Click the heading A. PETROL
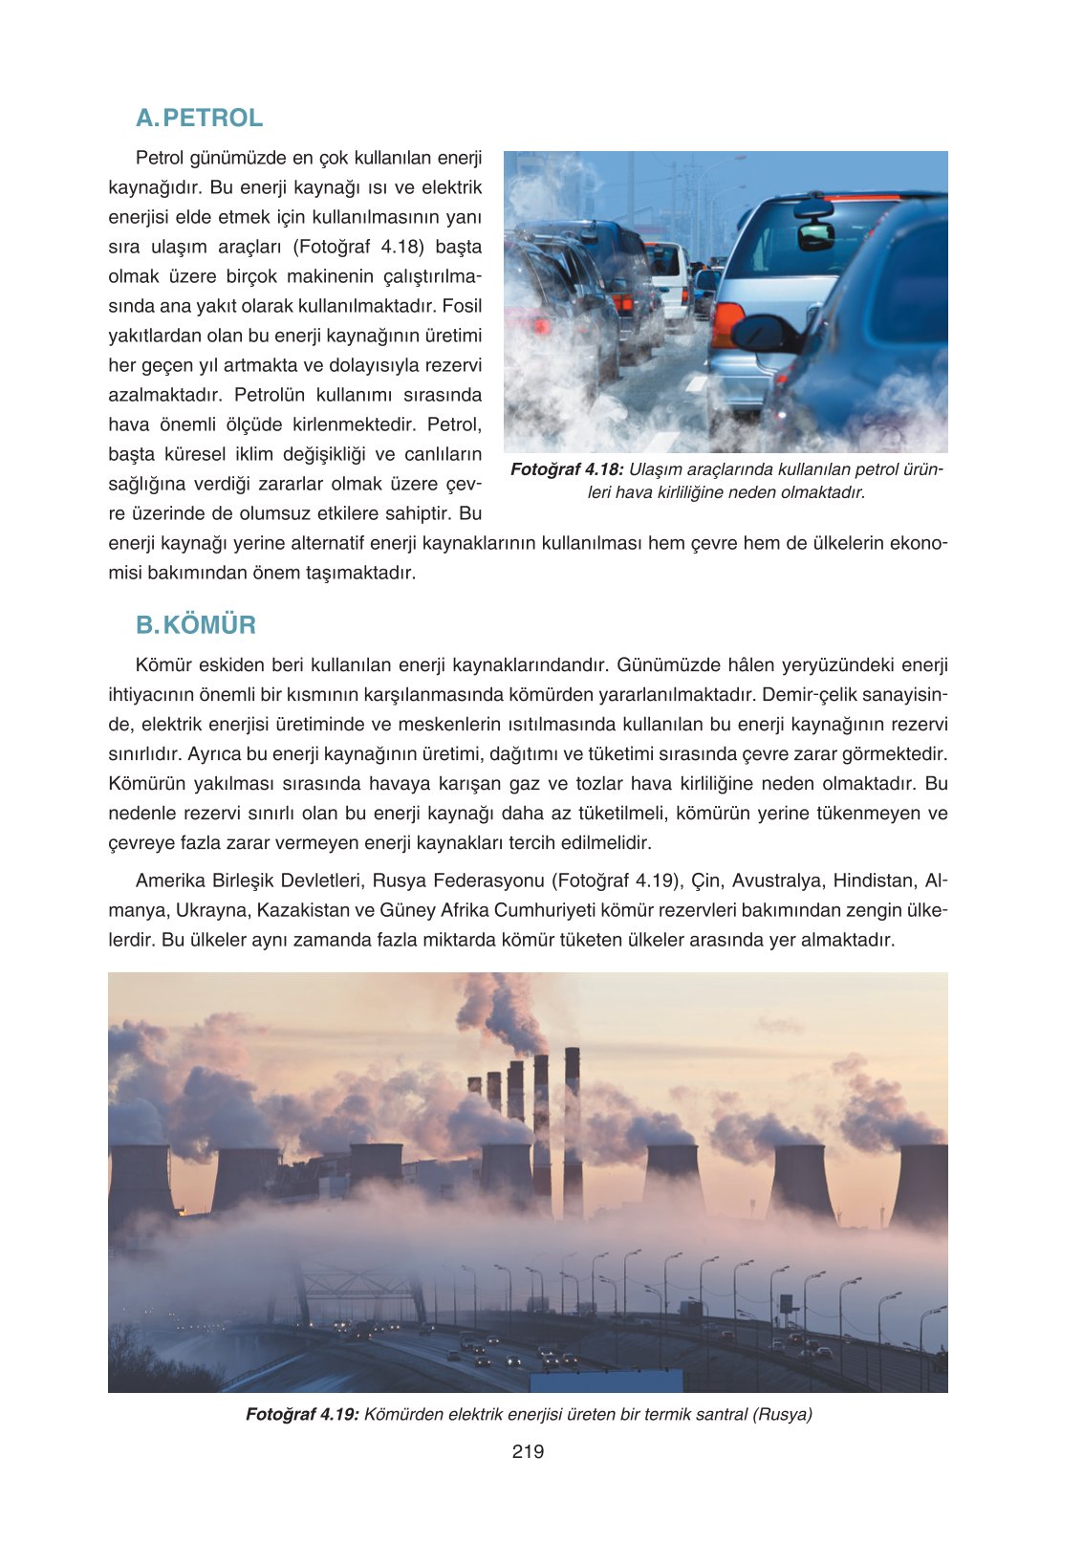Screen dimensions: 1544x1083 [x=199, y=118]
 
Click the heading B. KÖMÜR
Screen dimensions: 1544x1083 [x=196, y=625]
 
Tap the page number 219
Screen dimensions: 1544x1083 [x=528, y=1451]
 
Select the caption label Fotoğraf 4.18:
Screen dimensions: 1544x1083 [x=567, y=469]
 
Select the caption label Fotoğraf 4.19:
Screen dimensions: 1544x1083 [x=302, y=1414]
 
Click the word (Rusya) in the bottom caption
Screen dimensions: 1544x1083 [x=783, y=1414]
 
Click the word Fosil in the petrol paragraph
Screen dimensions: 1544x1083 [x=462, y=306]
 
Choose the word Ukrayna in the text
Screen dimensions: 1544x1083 [x=211, y=910]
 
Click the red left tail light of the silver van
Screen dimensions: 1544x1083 [x=726, y=324]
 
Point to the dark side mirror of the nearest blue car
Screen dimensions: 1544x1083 [x=765, y=334]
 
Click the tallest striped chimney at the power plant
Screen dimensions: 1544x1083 [x=573, y=1128]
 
